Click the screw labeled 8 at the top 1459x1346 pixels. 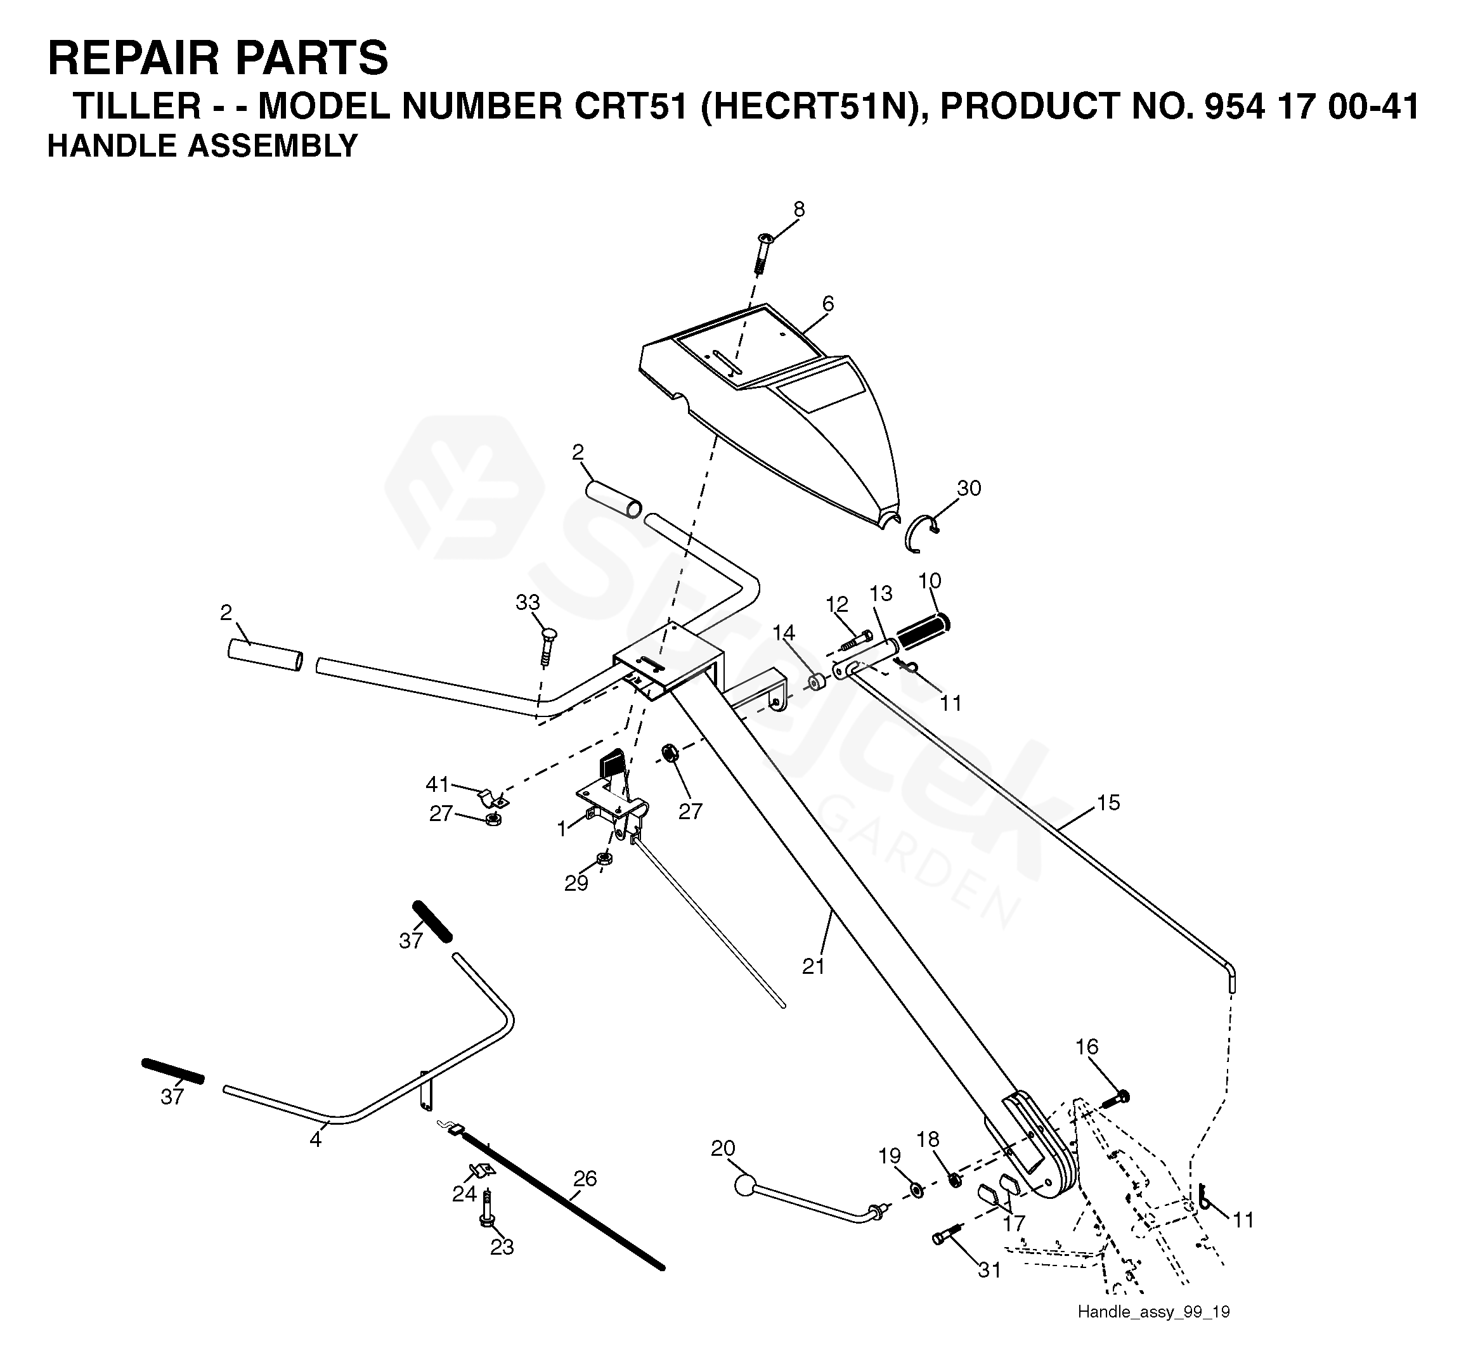[x=763, y=251]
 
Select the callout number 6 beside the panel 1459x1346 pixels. [x=827, y=304]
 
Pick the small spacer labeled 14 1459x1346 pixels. [x=817, y=683]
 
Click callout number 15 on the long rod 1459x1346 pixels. [x=1108, y=803]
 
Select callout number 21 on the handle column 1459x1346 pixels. [x=813, y=966]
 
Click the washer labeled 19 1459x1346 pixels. [x=916, y=1191]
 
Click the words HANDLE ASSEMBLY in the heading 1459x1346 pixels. [x=202, y=146]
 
